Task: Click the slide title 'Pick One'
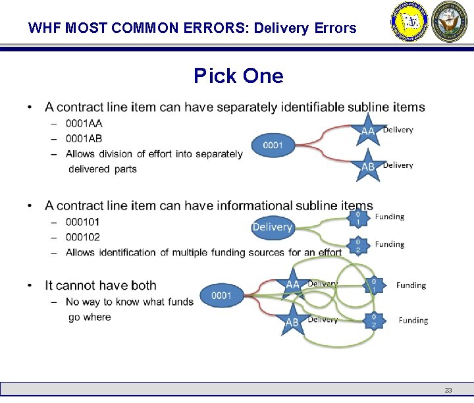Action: [x=238, y=76]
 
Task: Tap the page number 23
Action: [x=448, y=390]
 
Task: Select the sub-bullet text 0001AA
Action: [x=84, y=123]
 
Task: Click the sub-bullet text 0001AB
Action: [x=84, y=138]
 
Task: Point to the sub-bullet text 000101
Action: [x=83, y=222]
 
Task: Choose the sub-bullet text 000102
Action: [x=83, y=237]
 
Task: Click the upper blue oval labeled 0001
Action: [x=273, y=145]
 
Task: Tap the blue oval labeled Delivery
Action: [x=272, y=227]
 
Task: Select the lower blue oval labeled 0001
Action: [x=221, y=296]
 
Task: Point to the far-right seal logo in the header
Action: [x=450, y=22]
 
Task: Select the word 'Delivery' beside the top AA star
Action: [x=398, y=130]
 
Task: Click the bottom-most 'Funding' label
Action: [x=413, y=321]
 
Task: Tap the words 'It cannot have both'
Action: [x=101, y=286]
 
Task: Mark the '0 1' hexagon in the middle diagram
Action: [x=357, y=218]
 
